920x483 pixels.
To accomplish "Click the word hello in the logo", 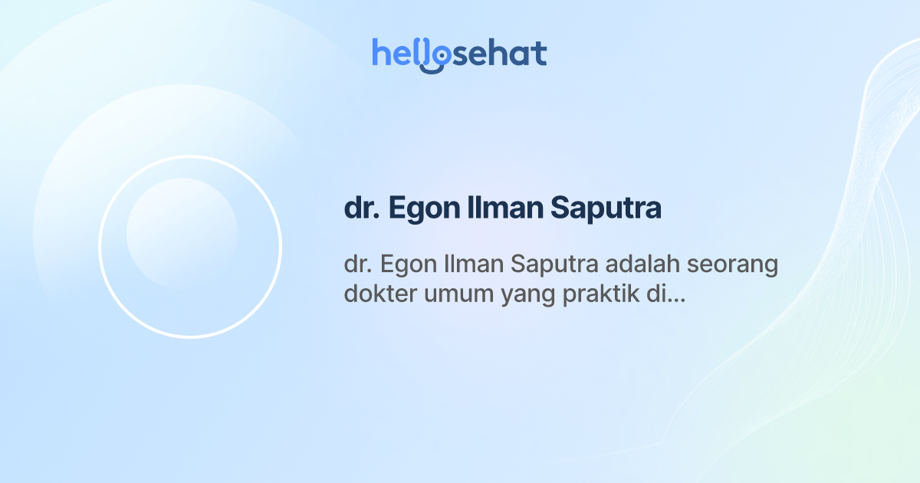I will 406,54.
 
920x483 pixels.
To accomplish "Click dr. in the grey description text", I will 357,265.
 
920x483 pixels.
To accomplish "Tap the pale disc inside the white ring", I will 182,233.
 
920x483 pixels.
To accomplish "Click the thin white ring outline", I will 100,247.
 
